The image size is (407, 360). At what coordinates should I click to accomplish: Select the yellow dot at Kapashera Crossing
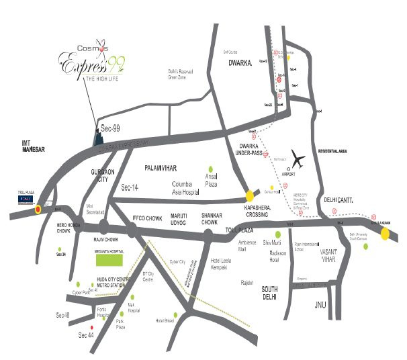(x=250, y=196)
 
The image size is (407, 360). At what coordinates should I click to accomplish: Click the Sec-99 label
(x=110, y=127)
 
